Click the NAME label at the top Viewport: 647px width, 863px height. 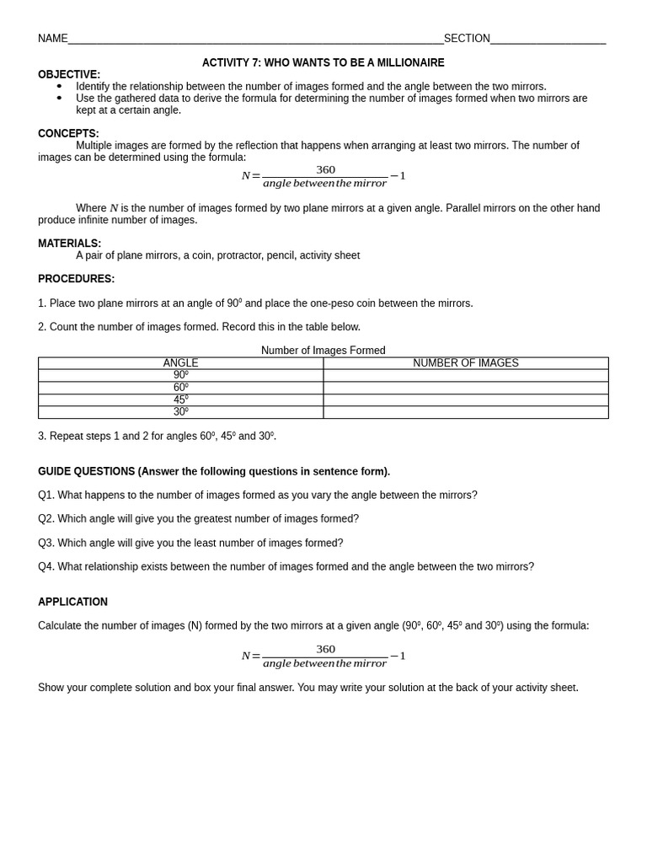52,39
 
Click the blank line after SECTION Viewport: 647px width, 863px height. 548,40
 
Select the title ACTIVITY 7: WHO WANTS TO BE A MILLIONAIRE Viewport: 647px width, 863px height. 323,62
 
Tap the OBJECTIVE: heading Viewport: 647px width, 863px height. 69,74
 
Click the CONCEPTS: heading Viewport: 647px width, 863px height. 68,133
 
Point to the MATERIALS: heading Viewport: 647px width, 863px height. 69,244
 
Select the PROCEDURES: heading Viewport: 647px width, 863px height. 76,279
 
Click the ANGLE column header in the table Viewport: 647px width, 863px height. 180,363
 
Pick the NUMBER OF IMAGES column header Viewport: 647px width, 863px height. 465,363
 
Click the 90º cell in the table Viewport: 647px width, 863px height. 180,375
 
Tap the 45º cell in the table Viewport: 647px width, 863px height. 180,399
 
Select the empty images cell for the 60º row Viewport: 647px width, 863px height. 465,388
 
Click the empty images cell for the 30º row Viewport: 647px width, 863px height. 465,412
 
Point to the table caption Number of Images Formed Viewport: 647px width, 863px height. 323,351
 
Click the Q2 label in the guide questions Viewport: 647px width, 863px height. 45,518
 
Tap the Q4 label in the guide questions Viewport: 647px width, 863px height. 45,566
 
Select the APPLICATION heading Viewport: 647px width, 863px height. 72,602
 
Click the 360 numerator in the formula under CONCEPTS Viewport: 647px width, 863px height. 325,169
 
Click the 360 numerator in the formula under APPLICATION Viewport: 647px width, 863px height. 325,649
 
